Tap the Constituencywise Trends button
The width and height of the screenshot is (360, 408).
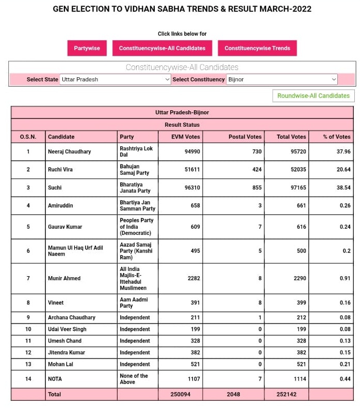click(x=257, y=48)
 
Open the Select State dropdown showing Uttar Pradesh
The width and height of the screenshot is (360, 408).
click(x=115, y=79)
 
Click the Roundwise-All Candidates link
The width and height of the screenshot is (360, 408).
click(x=314, y=96)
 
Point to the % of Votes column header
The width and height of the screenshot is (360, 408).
click(x=336, y=137)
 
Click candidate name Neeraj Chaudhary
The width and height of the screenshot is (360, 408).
click(x=69, y=151)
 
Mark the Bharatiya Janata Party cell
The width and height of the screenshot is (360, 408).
click(x=136, y=188)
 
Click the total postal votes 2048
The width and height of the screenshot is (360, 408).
click(x=234, y=394)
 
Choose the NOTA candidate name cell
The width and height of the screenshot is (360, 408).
click(x=55, y=379)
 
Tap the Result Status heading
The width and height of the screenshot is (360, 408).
click(x=182, y=125)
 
